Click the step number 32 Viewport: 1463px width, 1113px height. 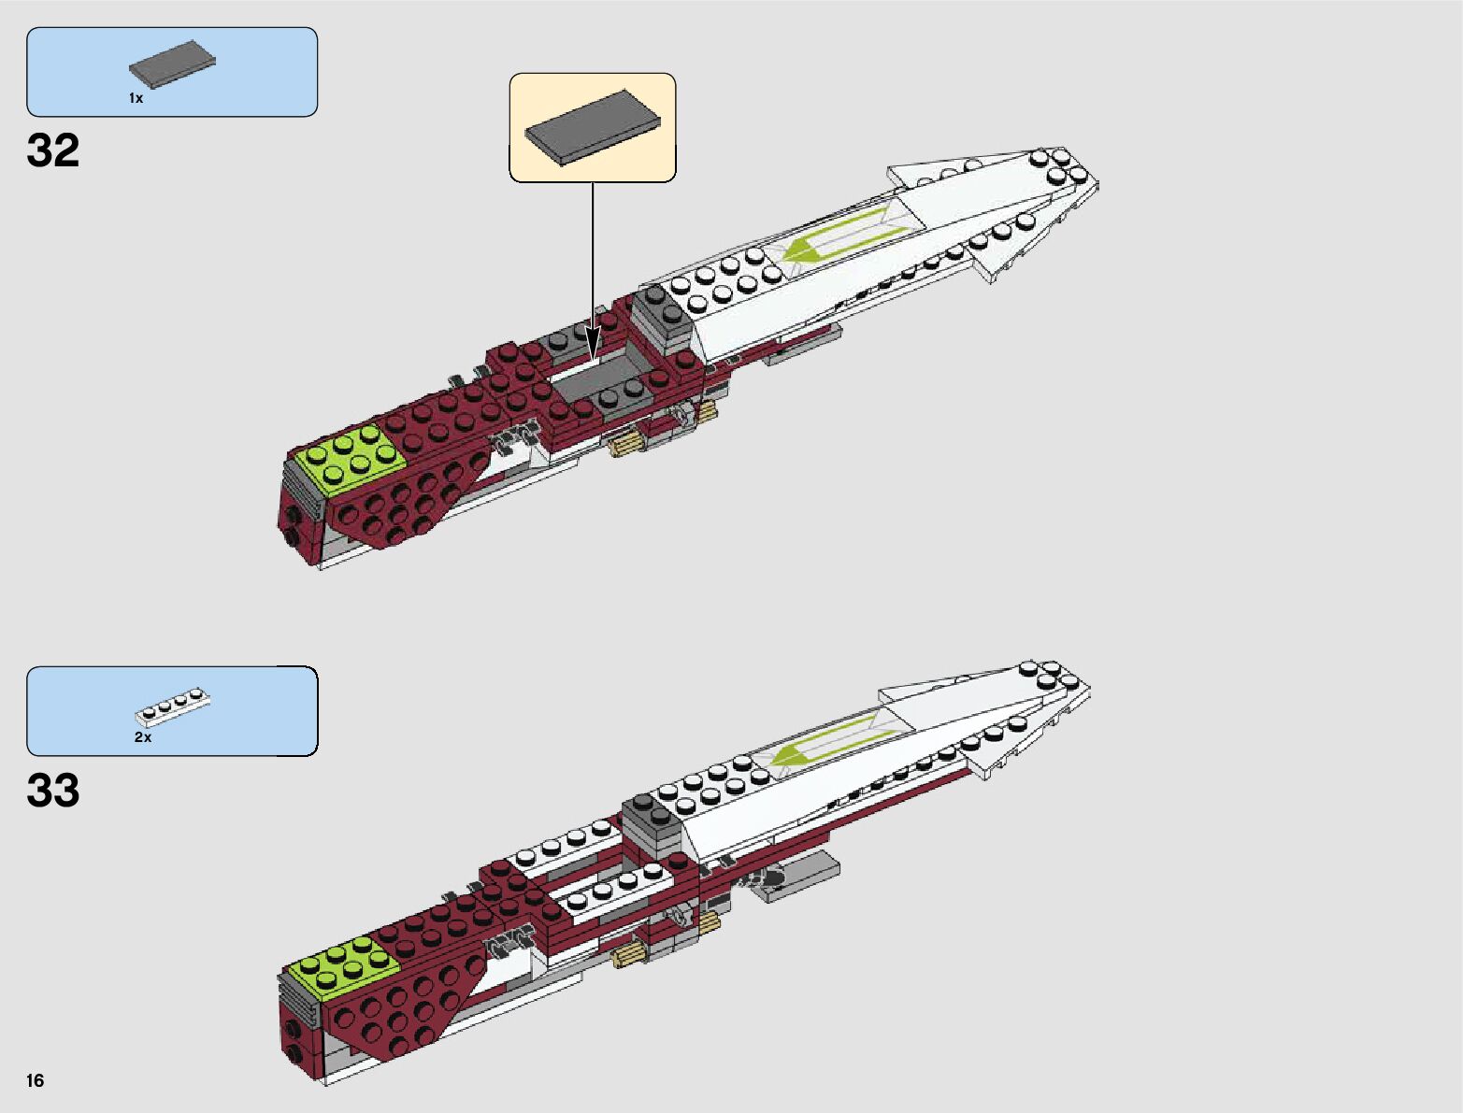(x=53, y=150)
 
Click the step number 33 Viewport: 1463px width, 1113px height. (x=53, y=791)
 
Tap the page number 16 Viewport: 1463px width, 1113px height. (x=36, y=1081)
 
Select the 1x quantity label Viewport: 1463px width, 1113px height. (x=136, y=98)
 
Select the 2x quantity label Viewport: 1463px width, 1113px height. (x=142, y=737)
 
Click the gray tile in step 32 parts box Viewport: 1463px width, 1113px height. (x=173, y=67)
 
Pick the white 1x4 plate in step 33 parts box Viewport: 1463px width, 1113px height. (x=174, y=709)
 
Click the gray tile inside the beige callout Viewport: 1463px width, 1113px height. (x=593, y=126)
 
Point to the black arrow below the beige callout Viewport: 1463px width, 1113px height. (x=592, y=271)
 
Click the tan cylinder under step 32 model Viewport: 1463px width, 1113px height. (x=625, y=443)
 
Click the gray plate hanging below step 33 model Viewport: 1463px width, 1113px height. (x=799, y=878)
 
